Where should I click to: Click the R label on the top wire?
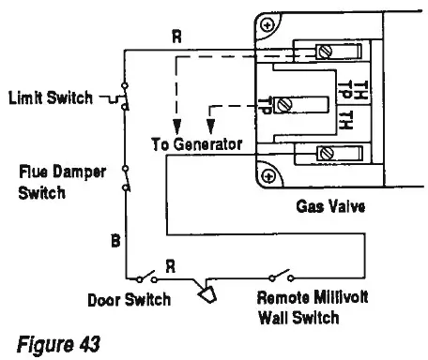tap(177, 37)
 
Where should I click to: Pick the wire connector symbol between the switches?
tap(207, 295)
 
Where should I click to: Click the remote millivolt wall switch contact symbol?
tap(282, 278)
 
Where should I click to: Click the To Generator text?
tap(197, 144)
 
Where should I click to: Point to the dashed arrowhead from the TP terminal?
tap(209, 127)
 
